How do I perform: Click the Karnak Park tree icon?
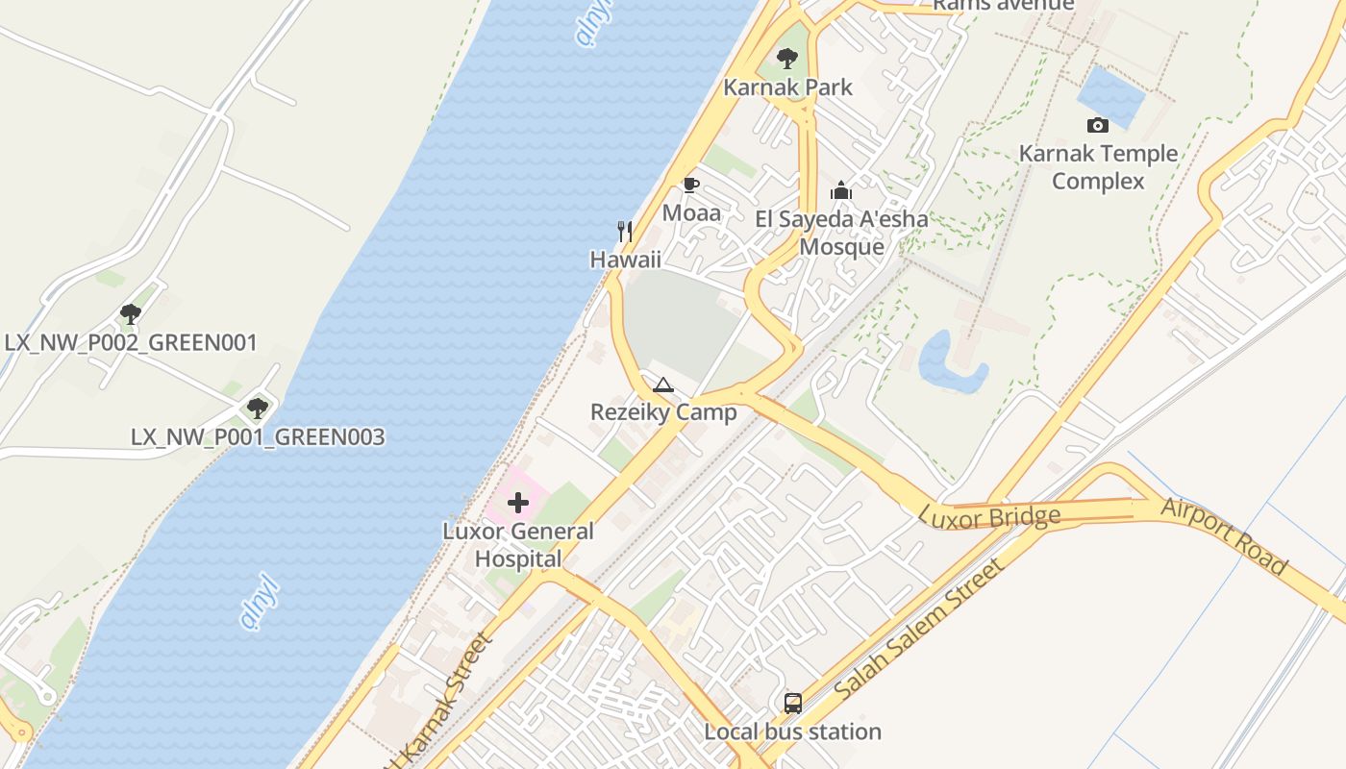tap(787, 59)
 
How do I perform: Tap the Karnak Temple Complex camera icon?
tap(1097, 125)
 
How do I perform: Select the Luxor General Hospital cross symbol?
tap(518, 503)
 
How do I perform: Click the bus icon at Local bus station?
tap(792, 704)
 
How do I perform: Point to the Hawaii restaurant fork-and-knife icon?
tap(625, 231)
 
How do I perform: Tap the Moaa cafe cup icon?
tap(690, 185)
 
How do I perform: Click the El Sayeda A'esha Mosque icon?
tap(841, 190)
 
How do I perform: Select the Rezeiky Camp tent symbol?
tap(662, 386)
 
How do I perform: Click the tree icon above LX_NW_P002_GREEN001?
tap(131, 314)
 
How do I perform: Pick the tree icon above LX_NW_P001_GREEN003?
tap(257, 409)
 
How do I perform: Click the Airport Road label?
tap(1223, 535)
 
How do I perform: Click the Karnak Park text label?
tap(787, 87)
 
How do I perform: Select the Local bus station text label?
tap(792, 732)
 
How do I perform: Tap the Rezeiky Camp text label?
tap(663, 412)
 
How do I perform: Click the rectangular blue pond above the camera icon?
tap(1110, 95)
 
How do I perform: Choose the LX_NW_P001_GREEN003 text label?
tap(258, 437)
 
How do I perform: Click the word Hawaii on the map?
tap(625, 260)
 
